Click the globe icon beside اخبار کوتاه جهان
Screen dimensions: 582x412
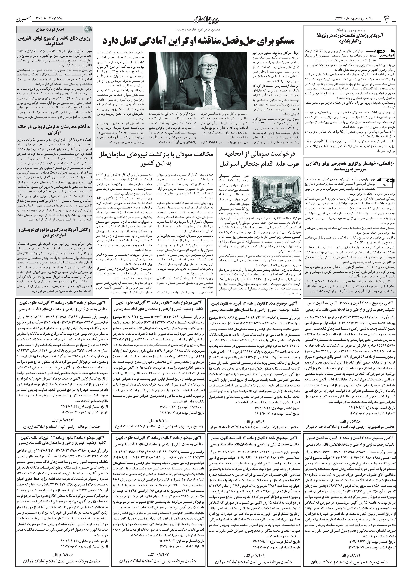[x=88, y=29]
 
